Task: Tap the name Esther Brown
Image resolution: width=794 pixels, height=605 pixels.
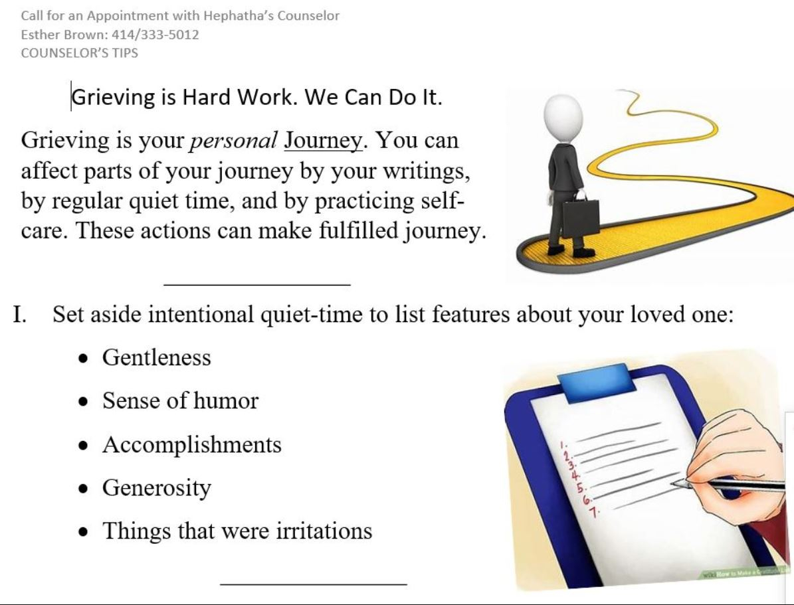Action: [x=64, y=35]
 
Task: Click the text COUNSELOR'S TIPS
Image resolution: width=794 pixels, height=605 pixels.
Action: [x=80, y=53]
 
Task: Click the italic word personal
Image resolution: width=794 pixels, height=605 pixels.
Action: [x=233, y=141]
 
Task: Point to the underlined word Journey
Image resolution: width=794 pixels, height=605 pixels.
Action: [x=323, y=141]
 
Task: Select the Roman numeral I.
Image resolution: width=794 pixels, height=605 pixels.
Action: [x=19, y=314]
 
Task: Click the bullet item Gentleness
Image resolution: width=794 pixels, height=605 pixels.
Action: [x=156, y=357]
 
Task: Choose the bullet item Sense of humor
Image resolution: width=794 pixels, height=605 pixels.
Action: [x=180, y=400]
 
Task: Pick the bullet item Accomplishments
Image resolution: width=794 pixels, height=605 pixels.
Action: [x=192, y=444]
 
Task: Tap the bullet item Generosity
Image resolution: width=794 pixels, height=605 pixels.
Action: [x=157, y=488]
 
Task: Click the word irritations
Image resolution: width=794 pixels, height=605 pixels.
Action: [x=324, y=531]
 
